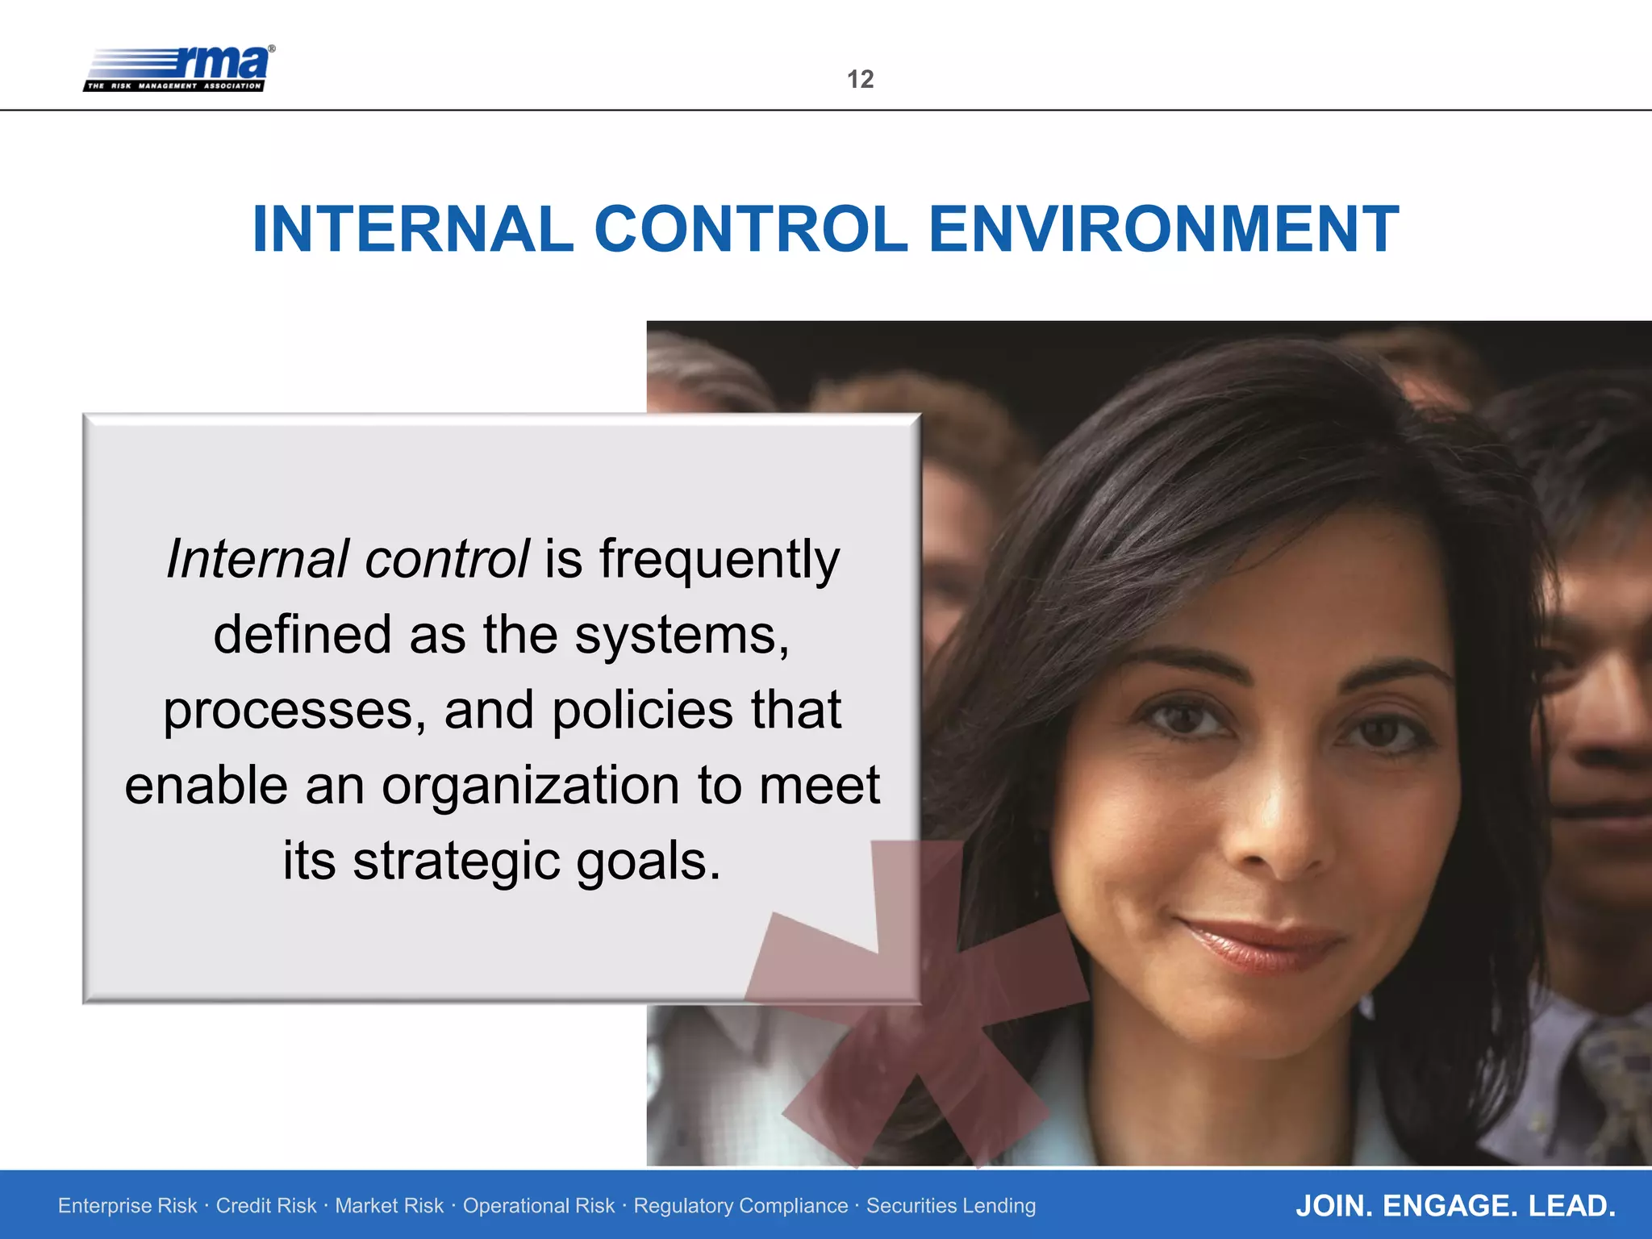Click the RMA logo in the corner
pyautogui.click(x=179, y=69)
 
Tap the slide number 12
pyautogui.click(x=860, y=79)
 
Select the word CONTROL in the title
pyautogui.click(x=751, y=229)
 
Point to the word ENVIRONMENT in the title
pyautogui.click(x=1163, y=229)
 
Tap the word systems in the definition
pyautogui.click(x=682, y=636)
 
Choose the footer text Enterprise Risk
pyautogui.click(x=127, y=1206)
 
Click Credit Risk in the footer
pyautogui.click(x=266, y=1206)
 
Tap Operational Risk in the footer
pyautogui.click(x=538, y=1206)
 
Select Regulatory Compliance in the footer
pyautogui.click(x=740, y=1206)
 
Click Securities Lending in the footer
pyautogui.click(x=951, y=1206)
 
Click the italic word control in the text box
pyautogui.click(x=447, y=560)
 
